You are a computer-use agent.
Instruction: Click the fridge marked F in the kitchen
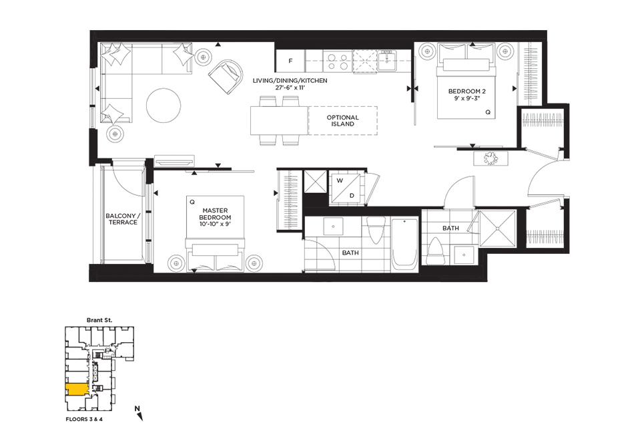coord(290,61)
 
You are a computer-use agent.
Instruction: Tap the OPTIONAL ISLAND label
coord(343,121)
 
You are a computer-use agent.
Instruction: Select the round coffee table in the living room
coord(164,106)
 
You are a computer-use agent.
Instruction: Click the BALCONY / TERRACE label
coord(123,219)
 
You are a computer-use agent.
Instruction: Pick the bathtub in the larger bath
coord(404,244)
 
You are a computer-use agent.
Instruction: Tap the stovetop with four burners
coord(337,61)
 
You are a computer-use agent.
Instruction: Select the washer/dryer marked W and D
coord(345,188)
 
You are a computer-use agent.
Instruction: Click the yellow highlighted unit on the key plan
coord(77,390)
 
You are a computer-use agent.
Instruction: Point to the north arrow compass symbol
coord(139,413)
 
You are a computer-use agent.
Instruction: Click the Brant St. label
coord(99,320)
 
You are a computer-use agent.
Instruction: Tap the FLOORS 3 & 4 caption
coord(84,419)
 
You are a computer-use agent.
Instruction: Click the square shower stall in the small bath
coord(497,229)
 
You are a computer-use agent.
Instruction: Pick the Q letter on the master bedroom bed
coord(192,202)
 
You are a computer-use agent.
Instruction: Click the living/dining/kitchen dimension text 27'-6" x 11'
coord(290,87)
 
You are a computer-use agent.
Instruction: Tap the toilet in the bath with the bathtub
coord(374,231)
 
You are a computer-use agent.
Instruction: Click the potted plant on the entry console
coord(491,158)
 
